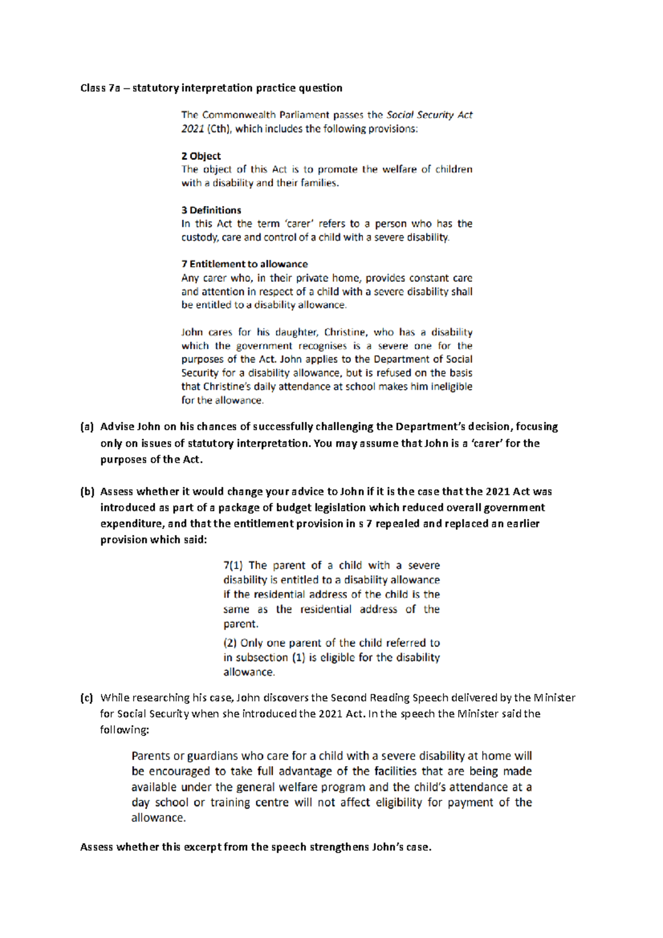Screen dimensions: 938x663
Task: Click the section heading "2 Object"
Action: coord(201,156)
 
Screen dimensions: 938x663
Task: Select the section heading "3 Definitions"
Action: coord(211,210)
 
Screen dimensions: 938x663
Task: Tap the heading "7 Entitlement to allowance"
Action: coord(244,264)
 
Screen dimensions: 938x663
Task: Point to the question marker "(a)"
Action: coord(87,426)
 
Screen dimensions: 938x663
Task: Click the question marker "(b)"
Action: coord(87,492)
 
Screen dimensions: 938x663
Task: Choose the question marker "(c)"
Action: coord(87,698)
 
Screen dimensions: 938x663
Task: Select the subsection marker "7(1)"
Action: coord(233,566)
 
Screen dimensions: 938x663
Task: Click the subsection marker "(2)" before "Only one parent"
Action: coord(230,643)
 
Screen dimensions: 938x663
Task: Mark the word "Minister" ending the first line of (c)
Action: coord(554,698)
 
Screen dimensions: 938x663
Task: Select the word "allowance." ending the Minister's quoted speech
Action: coord(159,818)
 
